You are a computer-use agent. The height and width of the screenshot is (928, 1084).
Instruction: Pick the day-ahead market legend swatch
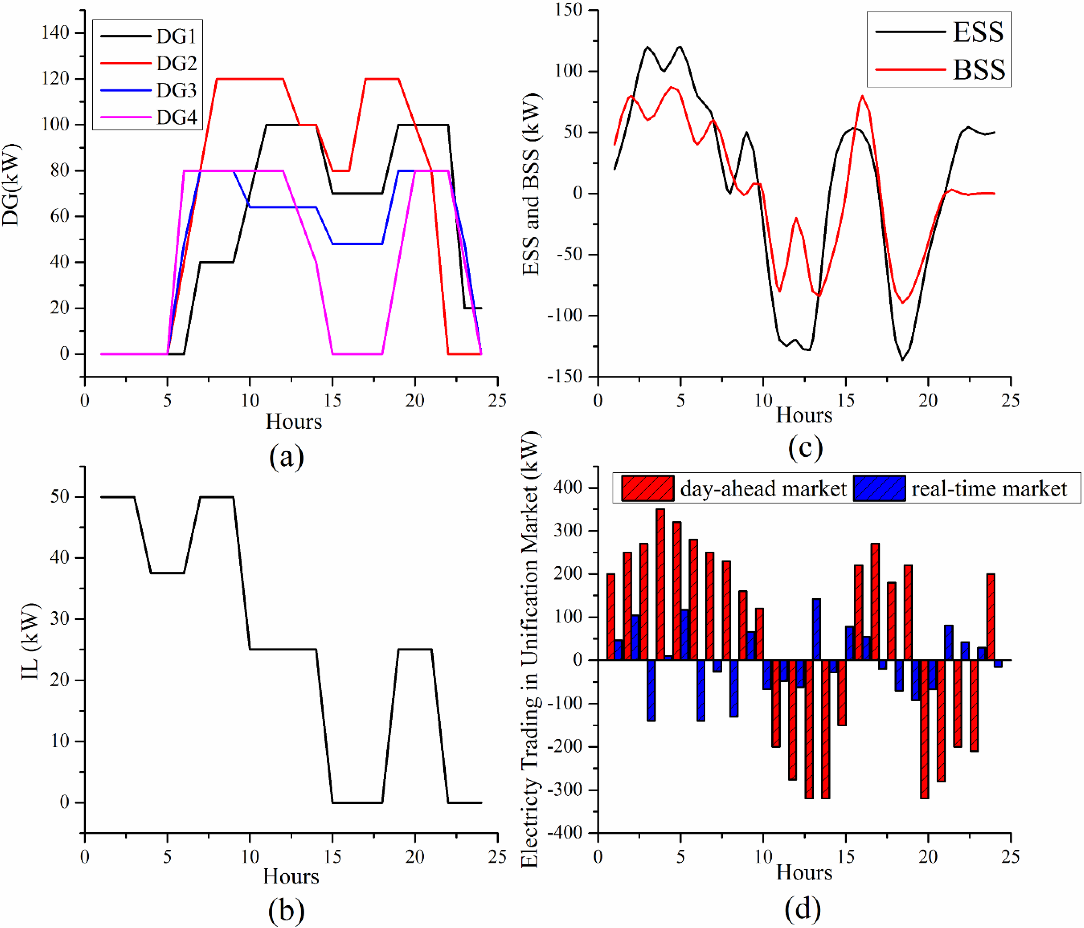point(647,488)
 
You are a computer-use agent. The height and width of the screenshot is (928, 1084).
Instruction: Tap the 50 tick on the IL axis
point(60,496)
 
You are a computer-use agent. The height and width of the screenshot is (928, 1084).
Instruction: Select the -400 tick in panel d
point(564,833)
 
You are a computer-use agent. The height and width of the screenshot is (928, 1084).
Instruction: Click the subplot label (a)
point(286,457)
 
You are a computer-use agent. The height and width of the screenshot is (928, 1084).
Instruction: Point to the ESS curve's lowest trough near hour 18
point(902,359)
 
